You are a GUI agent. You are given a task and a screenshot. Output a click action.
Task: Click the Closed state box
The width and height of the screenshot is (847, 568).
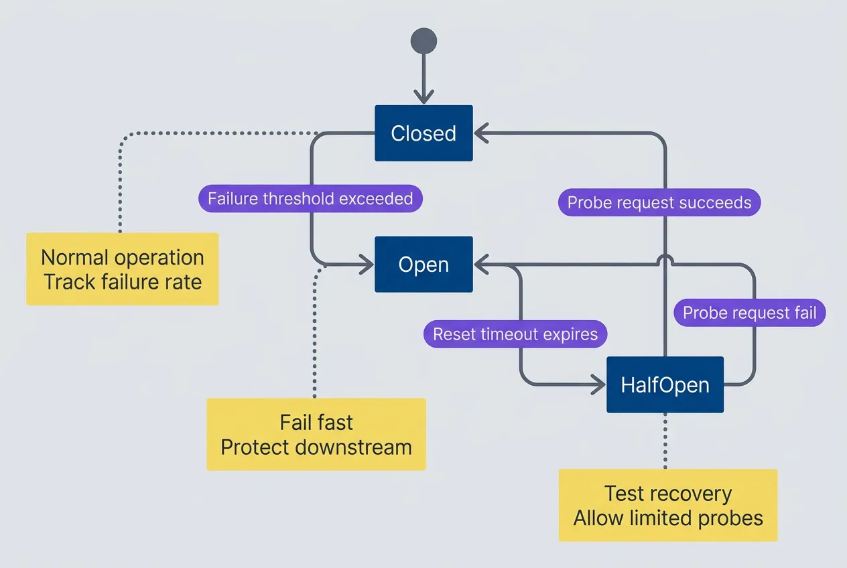pyautogui.click(x=423, y=133)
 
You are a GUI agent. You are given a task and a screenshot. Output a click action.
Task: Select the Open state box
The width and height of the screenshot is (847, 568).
pyautogui.click(x=423, y=265)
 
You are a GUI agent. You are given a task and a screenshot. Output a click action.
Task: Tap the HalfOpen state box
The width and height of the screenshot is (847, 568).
pyautogui.click(x=665, y=385)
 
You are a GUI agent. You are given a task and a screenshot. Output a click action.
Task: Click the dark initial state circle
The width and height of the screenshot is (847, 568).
pyautogui.click(x=423, y=41)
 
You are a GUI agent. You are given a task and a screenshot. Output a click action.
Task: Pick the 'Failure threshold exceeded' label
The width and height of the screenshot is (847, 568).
pyautogui.click(x=310, y=199)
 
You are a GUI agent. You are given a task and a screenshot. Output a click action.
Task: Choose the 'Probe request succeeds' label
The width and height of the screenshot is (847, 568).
pyautogui.click(x=659, y=202)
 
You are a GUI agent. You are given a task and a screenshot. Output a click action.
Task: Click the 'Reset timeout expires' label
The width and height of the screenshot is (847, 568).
pyautogui.click(x=515, y=334)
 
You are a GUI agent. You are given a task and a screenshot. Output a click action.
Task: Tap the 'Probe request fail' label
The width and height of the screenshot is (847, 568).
pyautogui.click(x=749, y=313)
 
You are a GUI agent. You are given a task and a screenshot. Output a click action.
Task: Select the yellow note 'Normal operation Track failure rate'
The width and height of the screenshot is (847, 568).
pyautogui.click(x=123, y=269)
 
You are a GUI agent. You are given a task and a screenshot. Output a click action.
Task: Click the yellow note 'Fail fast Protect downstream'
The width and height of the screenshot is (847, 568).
pyautogui.click(x=316, y=435)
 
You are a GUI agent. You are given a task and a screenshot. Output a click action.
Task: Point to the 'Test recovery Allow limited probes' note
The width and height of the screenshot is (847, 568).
pyautogui.click(x=668, y=506)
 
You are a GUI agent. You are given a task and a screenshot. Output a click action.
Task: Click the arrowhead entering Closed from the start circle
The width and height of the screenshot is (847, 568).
pyautogui.click(x=423, y=98)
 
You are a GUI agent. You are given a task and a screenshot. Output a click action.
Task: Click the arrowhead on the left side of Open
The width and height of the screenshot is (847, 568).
pyautogui.click(x=367, y=265)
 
